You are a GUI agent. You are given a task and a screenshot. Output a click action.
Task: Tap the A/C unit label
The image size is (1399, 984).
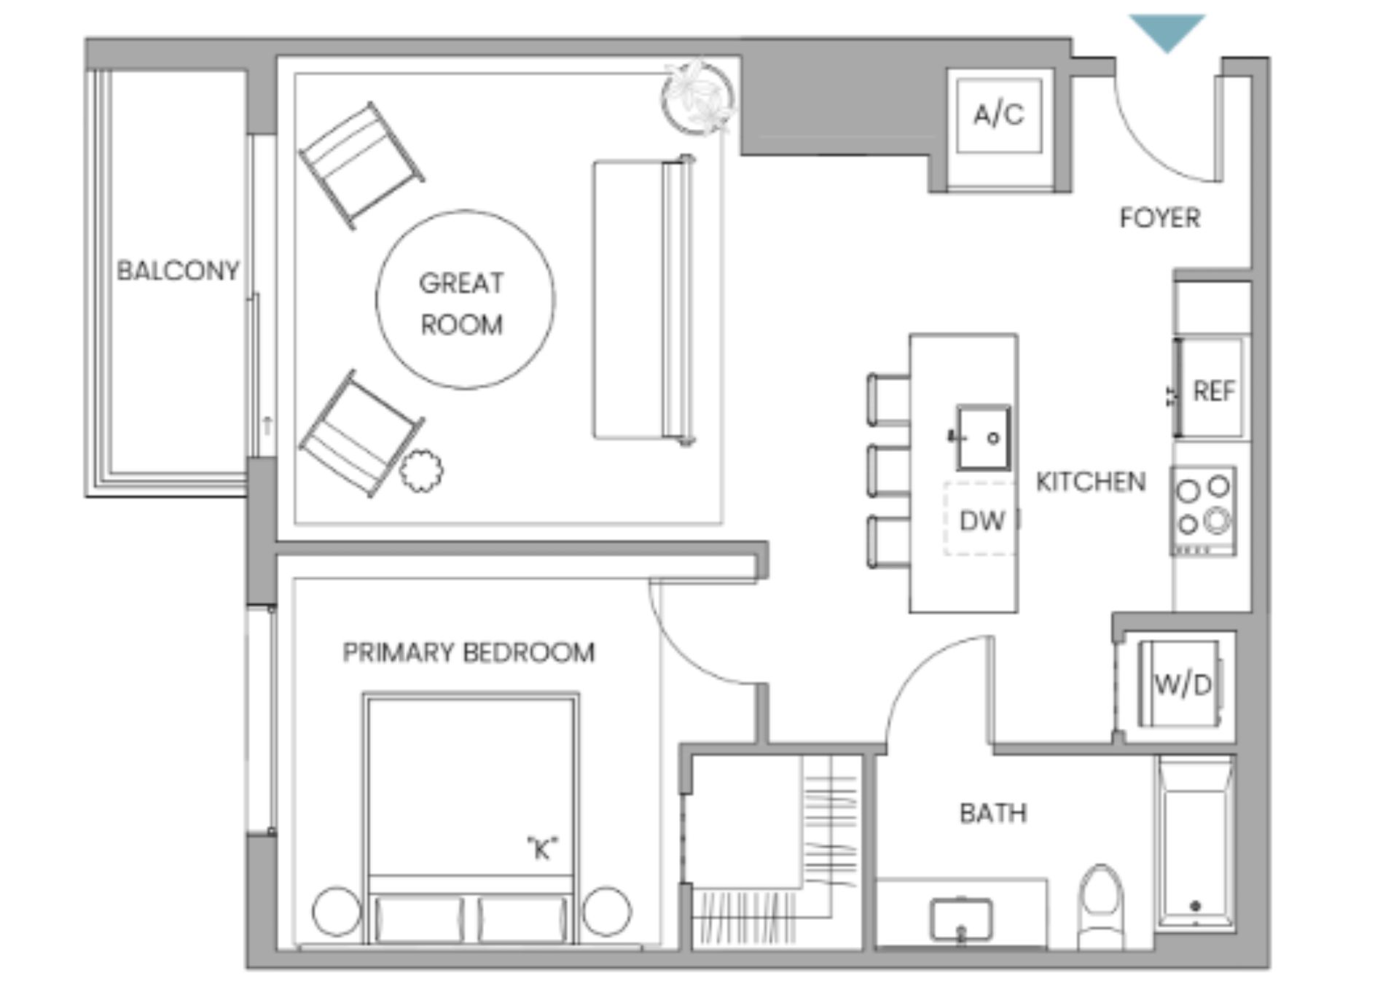998,114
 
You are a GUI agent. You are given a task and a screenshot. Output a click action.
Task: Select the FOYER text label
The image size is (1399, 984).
1159,218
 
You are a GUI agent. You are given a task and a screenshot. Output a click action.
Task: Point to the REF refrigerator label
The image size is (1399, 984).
1213,391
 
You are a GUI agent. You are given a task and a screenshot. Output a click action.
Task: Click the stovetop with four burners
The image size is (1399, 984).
1204,510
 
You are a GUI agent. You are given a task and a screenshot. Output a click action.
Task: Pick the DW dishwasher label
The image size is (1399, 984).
981,520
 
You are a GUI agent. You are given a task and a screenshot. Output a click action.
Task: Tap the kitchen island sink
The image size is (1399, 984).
983,437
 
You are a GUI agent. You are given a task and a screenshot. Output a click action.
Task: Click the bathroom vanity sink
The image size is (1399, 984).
961,920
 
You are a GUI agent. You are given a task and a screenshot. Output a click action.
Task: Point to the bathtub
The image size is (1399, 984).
1194,843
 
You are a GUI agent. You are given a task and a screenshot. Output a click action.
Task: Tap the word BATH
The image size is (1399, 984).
993,813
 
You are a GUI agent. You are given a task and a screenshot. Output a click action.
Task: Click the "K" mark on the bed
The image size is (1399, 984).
542,848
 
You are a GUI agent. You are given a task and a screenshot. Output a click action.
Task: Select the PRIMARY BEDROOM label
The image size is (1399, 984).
469,652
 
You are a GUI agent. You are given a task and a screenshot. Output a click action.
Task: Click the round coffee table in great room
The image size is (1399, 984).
465,300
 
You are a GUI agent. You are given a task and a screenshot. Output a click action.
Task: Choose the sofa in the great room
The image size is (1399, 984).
643,300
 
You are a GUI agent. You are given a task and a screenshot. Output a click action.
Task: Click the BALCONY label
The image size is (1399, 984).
178,271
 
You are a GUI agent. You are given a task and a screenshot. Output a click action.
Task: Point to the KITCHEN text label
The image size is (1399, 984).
1090,482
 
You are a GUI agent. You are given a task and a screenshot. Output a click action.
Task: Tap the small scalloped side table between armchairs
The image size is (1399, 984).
421,471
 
